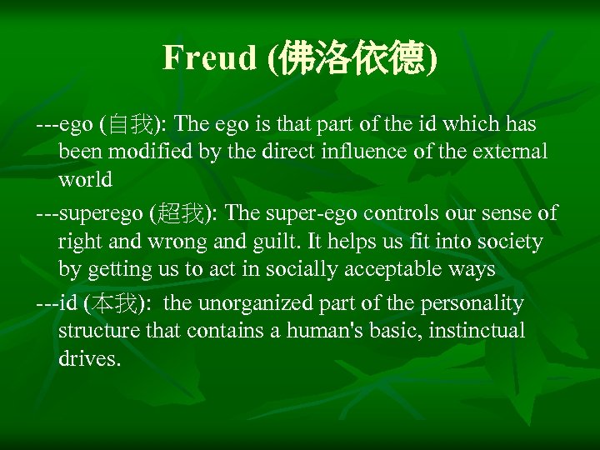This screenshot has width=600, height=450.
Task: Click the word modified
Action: (x=142, y=152)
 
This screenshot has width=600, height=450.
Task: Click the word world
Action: (x=85, y=180)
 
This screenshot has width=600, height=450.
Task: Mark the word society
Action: (x=509, y=242)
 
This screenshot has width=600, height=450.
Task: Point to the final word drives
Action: (x=89, y=359)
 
